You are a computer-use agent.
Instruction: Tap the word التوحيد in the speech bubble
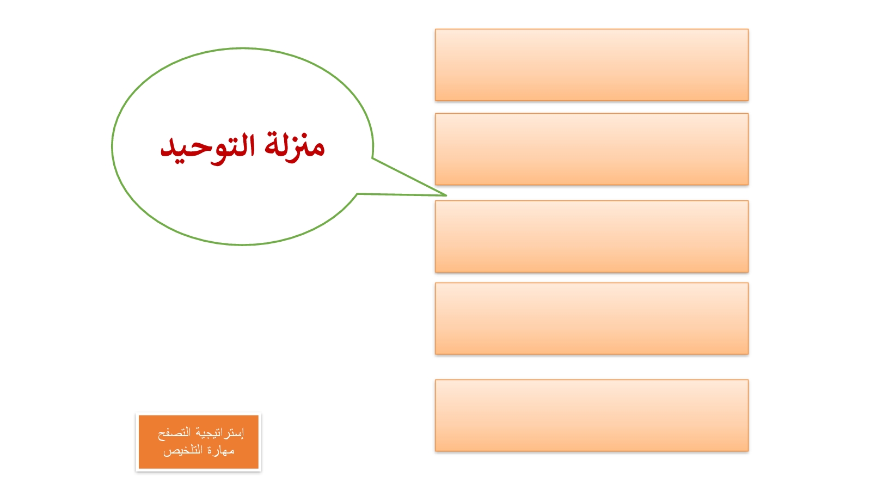tap(207, 149)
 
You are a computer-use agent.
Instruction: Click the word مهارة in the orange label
tap(221, 450)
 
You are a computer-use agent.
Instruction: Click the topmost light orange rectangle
tap(591, 65)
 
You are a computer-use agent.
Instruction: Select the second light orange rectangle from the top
tap(591, 149)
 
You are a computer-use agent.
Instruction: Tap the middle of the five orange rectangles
tap(591, 236)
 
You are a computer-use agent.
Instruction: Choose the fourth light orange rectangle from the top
tap(591, 318)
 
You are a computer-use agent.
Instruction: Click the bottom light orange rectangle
tap(591, 415)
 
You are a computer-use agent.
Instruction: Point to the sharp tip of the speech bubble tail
tap(446, 195)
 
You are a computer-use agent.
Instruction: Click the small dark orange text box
tap(198, 442)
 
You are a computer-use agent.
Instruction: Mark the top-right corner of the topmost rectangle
tap(748, 29)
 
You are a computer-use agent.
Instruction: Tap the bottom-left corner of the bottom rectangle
tap(436, 451)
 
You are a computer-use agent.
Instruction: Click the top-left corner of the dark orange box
tap(139, 415)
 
